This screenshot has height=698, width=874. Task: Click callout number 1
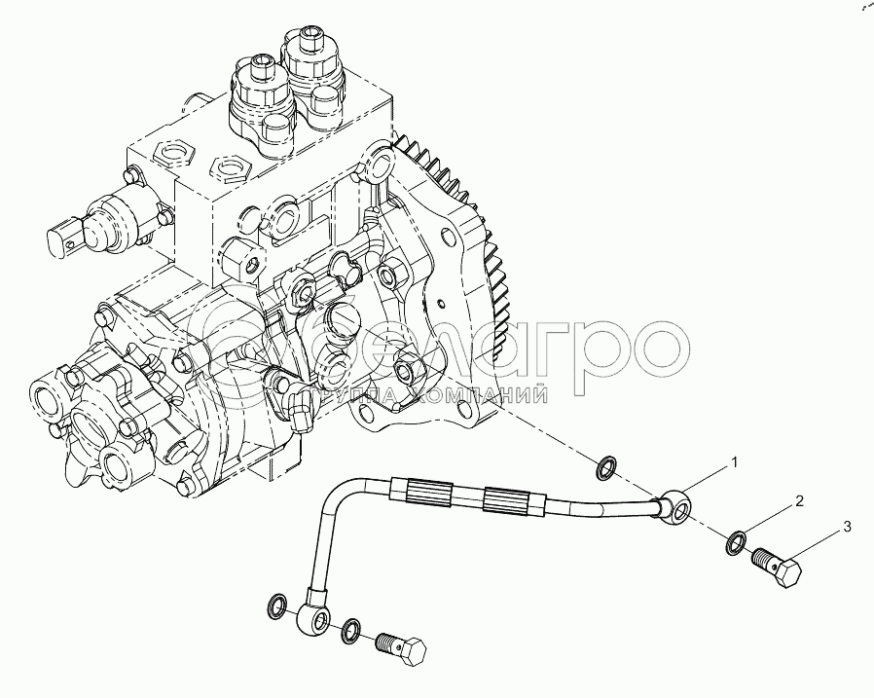(x=735, y=462)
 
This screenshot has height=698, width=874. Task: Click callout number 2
(x=799, y=501)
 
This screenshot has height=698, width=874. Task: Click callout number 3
(x=848, y=527)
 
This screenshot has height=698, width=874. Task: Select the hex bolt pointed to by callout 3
(x=777, y=566)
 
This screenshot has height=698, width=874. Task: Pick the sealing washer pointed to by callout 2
(x=737, y=542)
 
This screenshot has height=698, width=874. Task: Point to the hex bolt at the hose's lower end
(x=401, y=648)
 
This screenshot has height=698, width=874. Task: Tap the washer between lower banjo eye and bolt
(x=352, y=631)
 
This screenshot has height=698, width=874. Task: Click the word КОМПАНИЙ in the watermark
(x=477, y=395)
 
